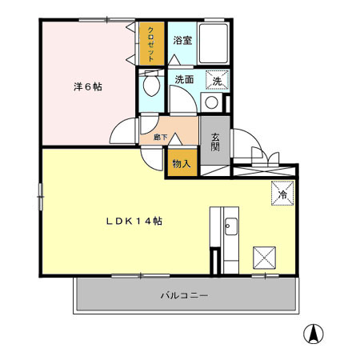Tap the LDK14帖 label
[136, 221]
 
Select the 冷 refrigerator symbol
[282, 193]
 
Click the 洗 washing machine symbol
[218, 79]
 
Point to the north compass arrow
[315, 334]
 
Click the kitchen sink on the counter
[229, 227]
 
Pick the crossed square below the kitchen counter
[264, 257]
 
